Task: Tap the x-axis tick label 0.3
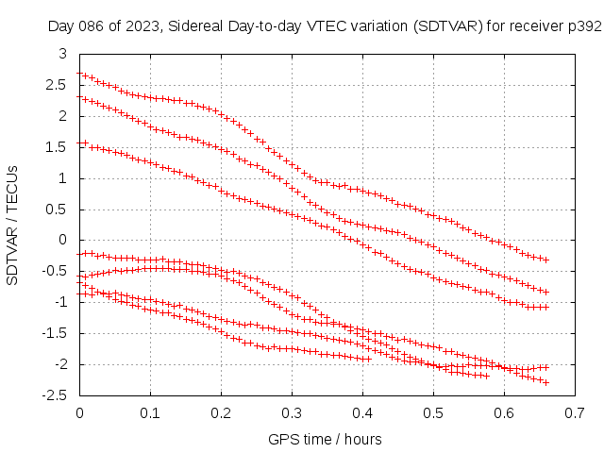point(292,412)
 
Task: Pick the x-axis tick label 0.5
point(433,412)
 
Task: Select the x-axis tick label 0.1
point(150,412)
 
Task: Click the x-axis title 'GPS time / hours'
point(326,439)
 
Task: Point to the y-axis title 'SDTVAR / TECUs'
point(13,225)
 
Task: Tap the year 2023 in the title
point(141,26)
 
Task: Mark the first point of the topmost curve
point(80,74)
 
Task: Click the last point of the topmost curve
point(546,260)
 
